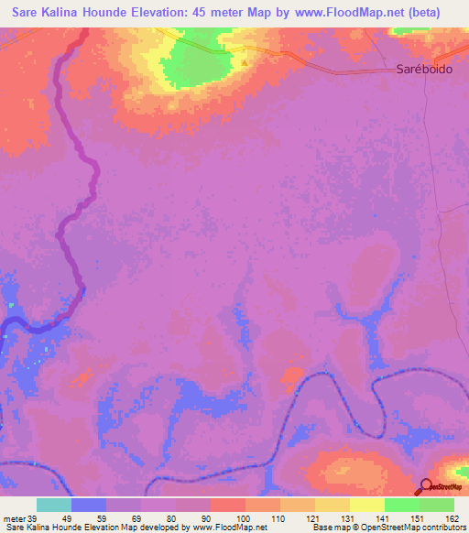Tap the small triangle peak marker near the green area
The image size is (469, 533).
point(245,62)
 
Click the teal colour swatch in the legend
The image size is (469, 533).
point(54,505)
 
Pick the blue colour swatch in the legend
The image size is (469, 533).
point(89,505)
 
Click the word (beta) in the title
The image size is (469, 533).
point(422,13)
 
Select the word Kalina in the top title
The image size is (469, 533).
point(71,13)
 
